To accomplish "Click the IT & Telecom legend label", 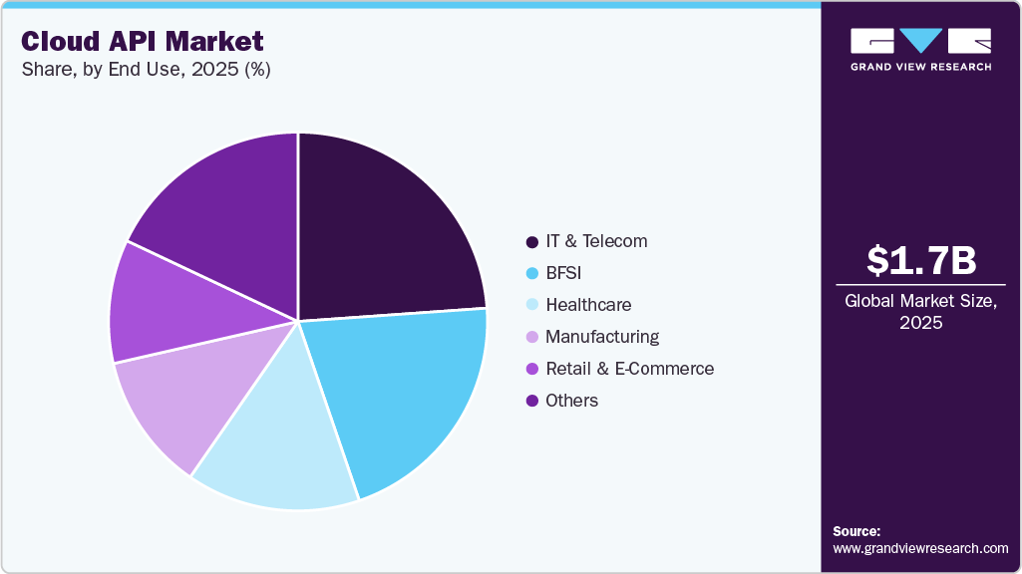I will [596, 241].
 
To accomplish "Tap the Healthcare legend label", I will [588, 305].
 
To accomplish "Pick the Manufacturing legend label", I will [602, 337].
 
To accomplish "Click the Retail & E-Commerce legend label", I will [630, 369].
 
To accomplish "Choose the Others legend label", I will [572, 401].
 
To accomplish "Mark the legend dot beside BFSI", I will [531, 273].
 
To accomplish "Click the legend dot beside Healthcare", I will [531, 305].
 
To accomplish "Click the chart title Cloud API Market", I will [143, 41].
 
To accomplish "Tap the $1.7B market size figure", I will [920, 260].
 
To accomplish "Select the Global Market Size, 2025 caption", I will [920, 311].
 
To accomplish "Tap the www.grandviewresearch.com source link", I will [920, 548].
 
